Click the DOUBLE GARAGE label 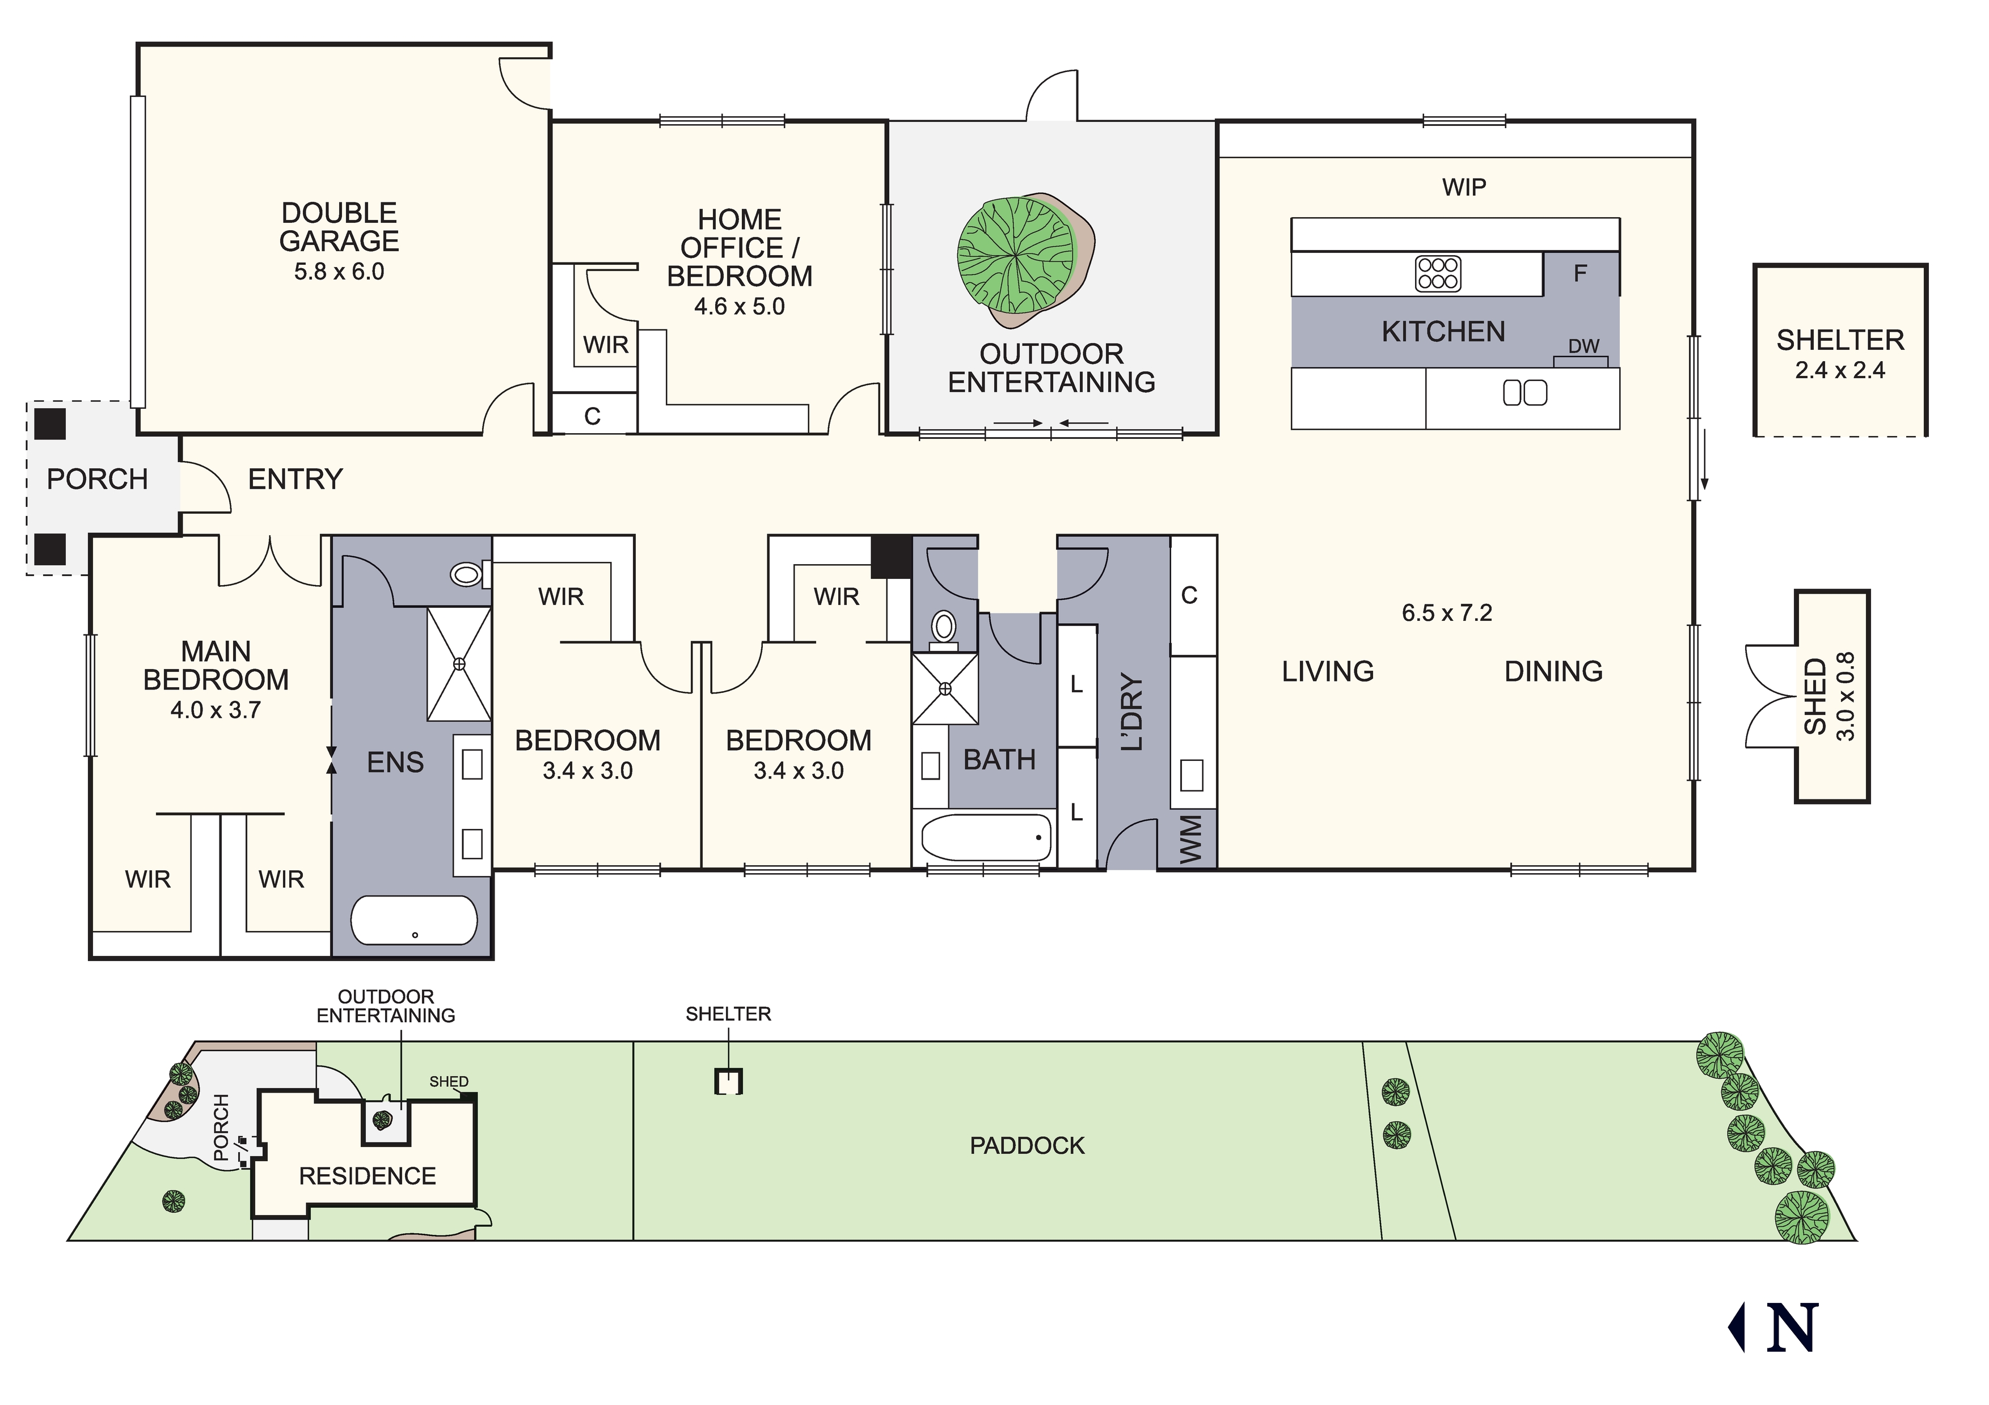point(340,227)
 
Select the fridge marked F point(1581,274)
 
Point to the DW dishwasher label point(1583,346)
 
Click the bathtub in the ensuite point(414,920)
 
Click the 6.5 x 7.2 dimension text point(1447,613)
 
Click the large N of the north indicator point(1792,1328)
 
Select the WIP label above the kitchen point(1464,187)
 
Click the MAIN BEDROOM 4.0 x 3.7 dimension point(216,710)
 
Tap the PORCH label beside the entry point(97,479)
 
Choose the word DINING point(1553,671)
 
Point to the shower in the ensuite point(459,663)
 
